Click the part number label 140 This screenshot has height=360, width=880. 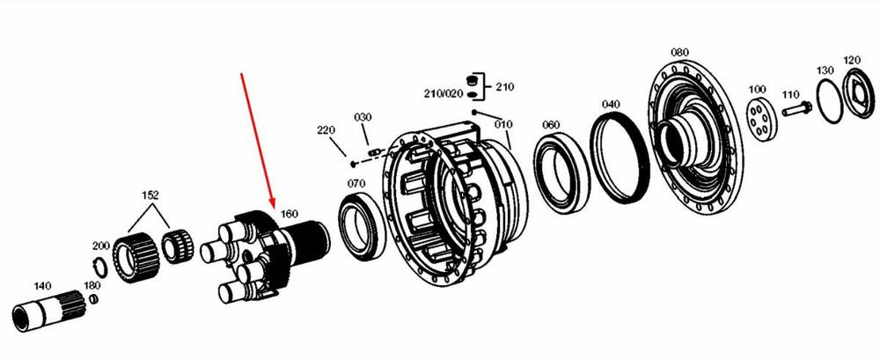click(x=42, y=286)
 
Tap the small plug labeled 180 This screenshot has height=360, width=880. click(x=94, y=299)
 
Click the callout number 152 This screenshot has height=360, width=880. click(x=150, y=195)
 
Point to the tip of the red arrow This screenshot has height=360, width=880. click(x=274, y=208)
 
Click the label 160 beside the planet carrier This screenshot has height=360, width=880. click(x=289, y=214)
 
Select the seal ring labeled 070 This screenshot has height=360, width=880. click(x=362, y=226)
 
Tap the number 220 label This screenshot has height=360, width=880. click(x=326, y=130)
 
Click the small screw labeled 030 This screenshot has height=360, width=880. click(x=374, y=151)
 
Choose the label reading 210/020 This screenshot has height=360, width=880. click(x=443, y=93)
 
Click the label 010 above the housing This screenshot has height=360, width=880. click(x=503, y=124)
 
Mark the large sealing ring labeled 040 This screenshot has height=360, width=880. click(x=620, y=157)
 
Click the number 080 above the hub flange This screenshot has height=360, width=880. click(x=679, y=52)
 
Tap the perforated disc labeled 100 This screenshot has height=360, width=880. click(x=761, y=119)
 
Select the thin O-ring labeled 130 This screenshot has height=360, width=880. click(x=830, y=100)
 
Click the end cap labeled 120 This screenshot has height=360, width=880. click(x=859, y=93)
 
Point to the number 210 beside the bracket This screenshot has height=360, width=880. click(x=504, y=87)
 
